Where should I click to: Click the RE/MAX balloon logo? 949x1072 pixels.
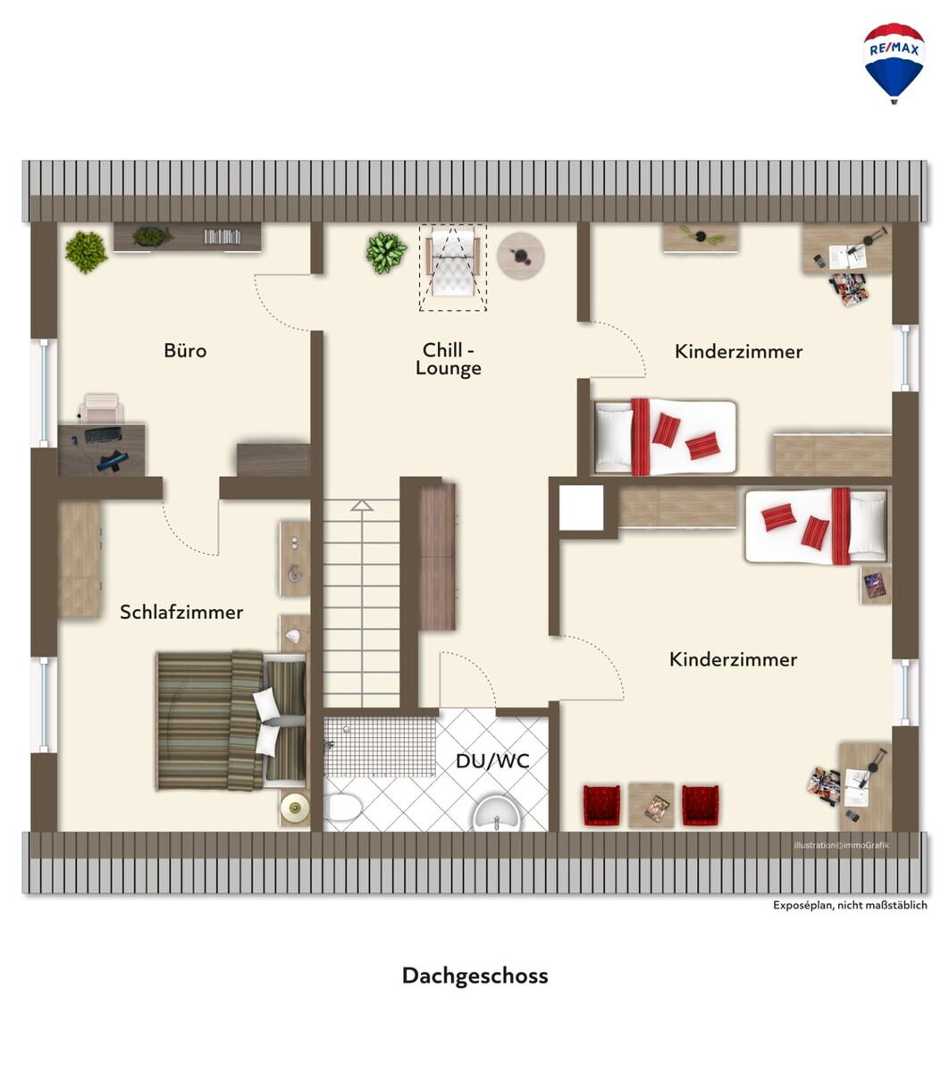[894, 63]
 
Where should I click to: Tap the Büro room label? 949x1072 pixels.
[185, 350]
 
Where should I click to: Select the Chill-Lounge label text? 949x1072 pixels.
[449, 359]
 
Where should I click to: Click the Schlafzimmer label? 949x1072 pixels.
[181, 612]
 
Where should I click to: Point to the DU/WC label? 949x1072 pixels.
[492, 761]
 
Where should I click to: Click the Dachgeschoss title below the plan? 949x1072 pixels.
[474, 976]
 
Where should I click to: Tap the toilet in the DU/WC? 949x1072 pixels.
[343, 807]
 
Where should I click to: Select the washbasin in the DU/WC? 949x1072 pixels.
[497, 812]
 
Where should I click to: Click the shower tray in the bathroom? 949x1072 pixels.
[380, 747]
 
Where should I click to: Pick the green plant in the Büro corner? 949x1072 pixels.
[86, 252]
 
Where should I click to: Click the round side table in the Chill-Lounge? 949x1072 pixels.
[521, 256]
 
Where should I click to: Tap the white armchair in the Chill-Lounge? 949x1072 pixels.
[453, 262]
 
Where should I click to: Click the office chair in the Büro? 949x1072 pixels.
[101, 407]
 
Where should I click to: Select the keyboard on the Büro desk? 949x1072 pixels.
[103, 434]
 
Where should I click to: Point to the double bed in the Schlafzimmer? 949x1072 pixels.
[231, 722]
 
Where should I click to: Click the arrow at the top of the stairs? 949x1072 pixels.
[362, 506]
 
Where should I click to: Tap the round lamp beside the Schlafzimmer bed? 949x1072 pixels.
[295, 808]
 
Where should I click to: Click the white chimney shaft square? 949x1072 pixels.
[581, 507]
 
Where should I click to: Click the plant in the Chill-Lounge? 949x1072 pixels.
[386, 253]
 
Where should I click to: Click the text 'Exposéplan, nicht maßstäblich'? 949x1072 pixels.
[850, 905]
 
